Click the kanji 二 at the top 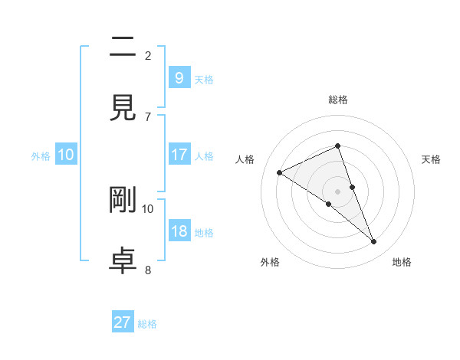(123, 48)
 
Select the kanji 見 (123, 108)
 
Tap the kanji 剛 (123, 199)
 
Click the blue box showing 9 (179, 77)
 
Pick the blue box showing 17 (179, 155)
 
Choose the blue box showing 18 (179, 231)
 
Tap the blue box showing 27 (123, 322)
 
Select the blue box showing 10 (66, 155)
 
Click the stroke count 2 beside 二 (148, 55)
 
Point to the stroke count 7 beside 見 (148, 116)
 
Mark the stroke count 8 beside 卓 (148, 269)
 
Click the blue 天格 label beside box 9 (204, 79)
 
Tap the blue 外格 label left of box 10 (41, 155)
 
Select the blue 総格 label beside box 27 (147, 324)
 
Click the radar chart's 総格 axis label (338, 100)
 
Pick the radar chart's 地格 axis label (402, 263)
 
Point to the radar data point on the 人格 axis (280, 172)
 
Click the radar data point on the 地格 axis (374, 242)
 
